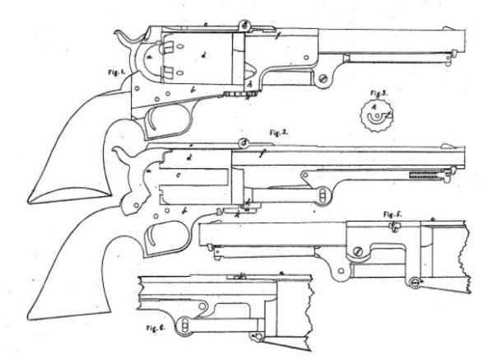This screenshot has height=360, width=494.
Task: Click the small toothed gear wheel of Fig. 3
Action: point(374,118)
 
